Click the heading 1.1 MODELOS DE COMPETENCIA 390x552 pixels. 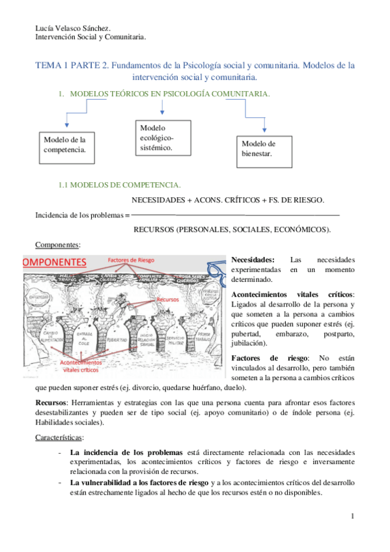tap(120, 185)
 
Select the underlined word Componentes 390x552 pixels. tap(57, 245)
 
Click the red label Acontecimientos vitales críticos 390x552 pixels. tap(70, 366)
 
